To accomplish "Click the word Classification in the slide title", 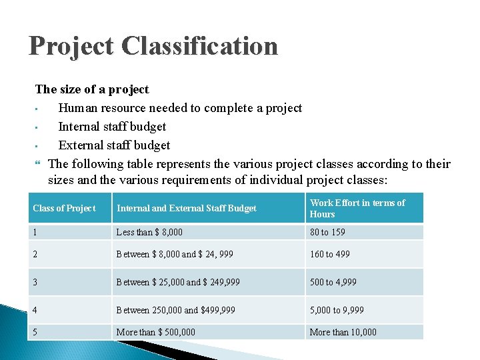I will [x=201, y=46].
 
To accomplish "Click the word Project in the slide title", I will [x=72, y=46].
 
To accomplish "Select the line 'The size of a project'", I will [x=92, y=89].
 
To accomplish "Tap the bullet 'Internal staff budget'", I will [x=112, y=127].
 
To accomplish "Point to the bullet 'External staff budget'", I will [x=114, y=145].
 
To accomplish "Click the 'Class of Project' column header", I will [x=64, y=208].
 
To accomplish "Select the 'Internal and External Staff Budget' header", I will [x=187, y=208].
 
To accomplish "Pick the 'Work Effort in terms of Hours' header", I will [x=357, y=208].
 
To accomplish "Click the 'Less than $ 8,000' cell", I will [x=149, y=232].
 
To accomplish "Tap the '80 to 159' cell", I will [x=327, y=232].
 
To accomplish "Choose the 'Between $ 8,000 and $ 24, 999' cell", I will [x=176, y=254].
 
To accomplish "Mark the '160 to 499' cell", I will [x=329, y=254].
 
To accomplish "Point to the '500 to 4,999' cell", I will [x=333, y=282].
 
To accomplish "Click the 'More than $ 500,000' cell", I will [x=156, y=332].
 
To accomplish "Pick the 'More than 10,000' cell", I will [x=343, y=332].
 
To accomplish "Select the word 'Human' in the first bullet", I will [x=77, y=108].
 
